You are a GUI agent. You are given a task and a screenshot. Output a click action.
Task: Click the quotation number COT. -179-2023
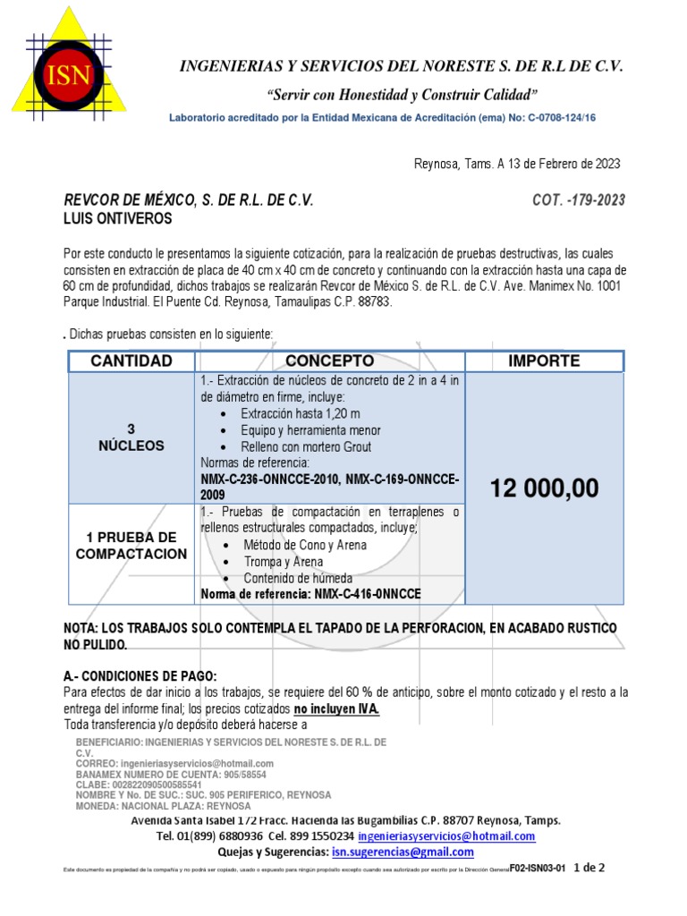point(578,200)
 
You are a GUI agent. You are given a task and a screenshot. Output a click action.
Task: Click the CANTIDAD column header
point(131,361)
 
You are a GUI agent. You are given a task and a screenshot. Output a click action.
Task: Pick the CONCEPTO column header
point(329,361)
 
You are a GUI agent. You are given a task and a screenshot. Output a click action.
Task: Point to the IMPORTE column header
point(544,361)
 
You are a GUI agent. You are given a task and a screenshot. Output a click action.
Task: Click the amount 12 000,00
point(544,488)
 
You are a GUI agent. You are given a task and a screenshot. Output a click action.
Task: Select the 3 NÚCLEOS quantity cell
point(131,437)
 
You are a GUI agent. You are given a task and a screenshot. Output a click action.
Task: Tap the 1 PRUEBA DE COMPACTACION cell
point(131,546)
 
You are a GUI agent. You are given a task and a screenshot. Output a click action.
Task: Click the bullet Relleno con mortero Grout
point(306,446)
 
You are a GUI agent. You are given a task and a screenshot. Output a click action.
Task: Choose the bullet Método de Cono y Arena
point(303,545)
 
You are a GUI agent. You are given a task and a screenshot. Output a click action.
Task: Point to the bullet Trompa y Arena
point(284,562)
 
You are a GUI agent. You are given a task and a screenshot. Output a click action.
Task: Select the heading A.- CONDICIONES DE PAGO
point(140,675)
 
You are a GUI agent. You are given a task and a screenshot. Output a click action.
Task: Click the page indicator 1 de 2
point(590,867)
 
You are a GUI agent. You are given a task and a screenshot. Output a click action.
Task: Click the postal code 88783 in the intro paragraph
point(373,302)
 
